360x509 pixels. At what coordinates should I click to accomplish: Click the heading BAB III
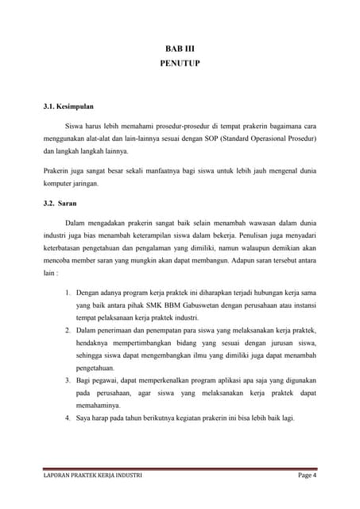180,49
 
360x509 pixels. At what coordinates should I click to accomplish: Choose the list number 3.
68,381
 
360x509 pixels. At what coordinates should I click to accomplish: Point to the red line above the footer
180,468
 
